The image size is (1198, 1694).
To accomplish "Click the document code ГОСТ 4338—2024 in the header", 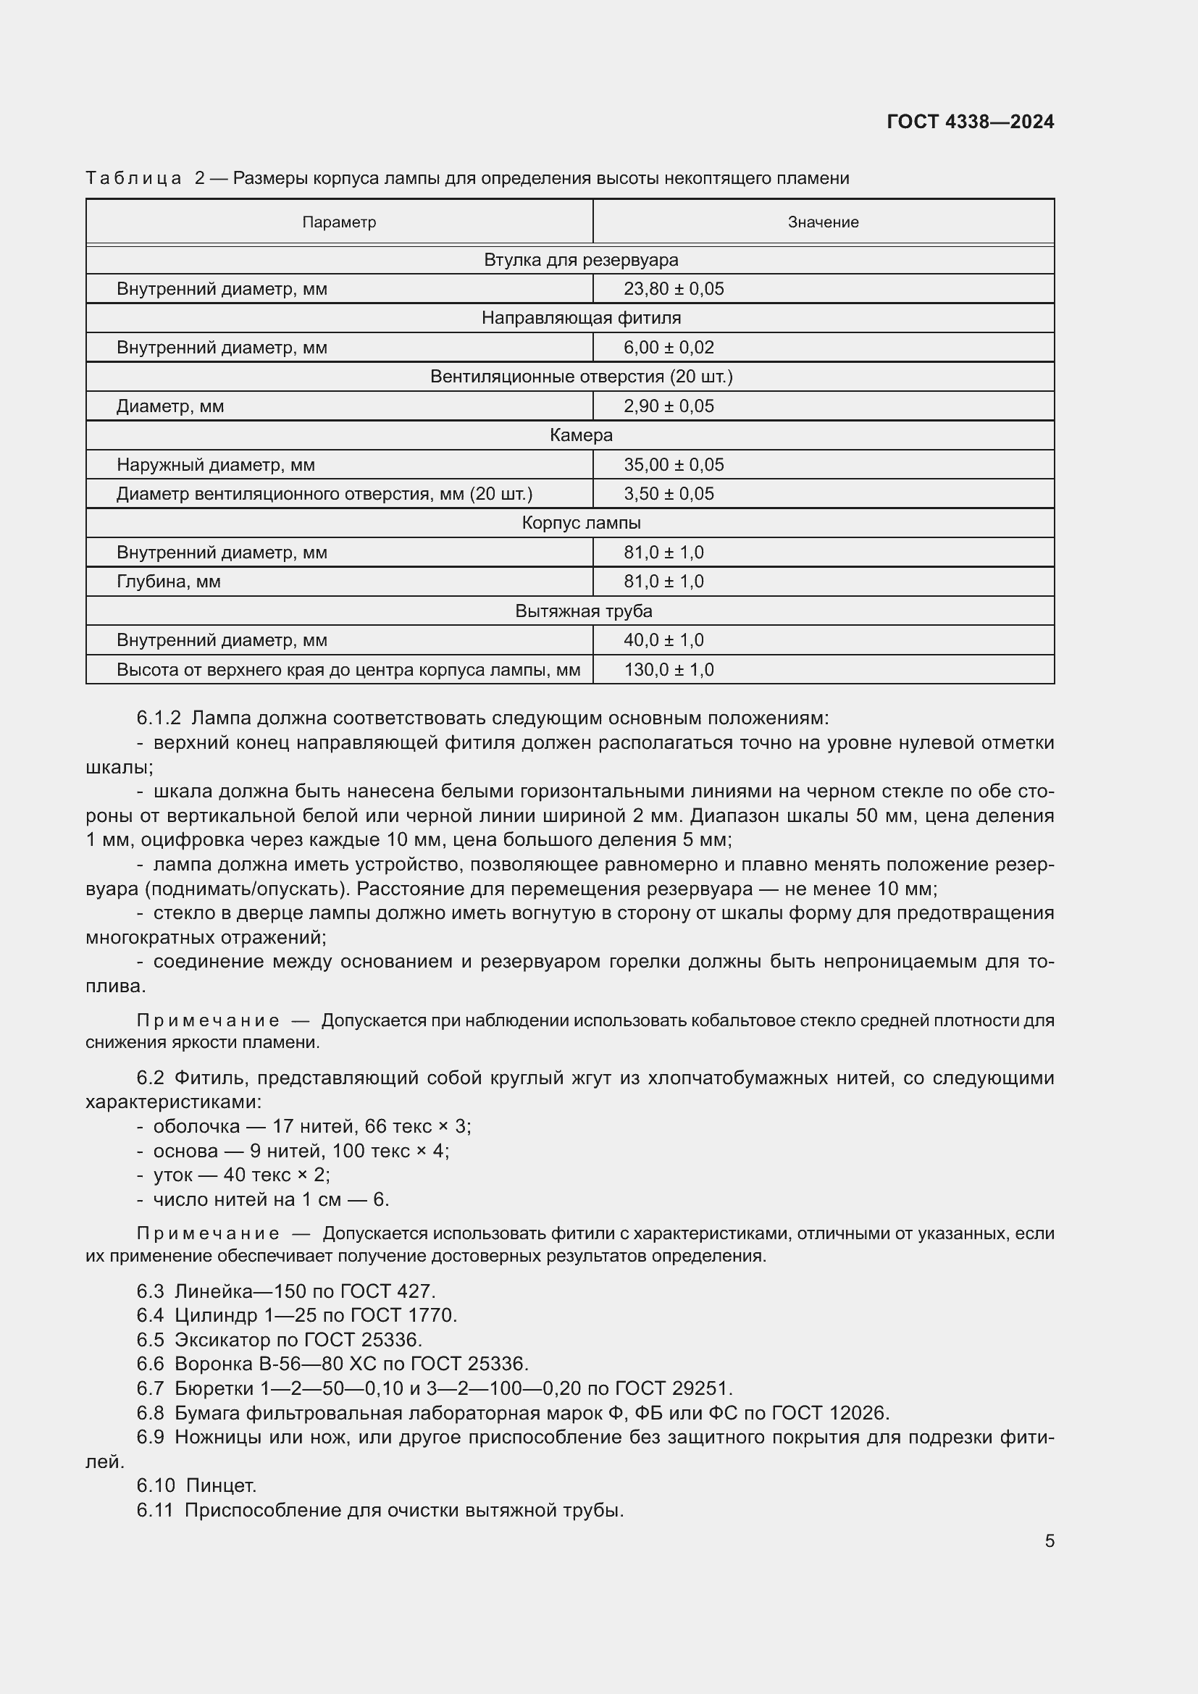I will point(970,122).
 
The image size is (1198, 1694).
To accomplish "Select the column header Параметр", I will point(338,222).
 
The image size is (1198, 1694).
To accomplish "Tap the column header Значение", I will point(823,222).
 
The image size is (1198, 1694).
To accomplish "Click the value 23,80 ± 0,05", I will point(674,289).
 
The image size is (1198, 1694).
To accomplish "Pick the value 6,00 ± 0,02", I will point(669,348).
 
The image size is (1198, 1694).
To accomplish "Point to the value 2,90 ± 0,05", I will point(669,406).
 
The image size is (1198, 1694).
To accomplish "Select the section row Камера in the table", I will point(581,435).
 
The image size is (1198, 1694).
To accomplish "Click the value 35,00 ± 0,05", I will point(674,465).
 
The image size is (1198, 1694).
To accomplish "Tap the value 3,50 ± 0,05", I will point(669,494).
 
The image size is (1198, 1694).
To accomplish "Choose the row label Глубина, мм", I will point(168,582).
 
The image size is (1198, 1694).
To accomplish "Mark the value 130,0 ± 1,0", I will point(669,670).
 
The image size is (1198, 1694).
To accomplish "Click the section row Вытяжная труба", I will point(583,611).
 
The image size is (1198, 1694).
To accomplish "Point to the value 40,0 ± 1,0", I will point(663,640).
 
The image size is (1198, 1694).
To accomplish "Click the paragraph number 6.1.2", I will point(158,718).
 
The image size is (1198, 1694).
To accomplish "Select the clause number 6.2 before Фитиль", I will point(150,1078).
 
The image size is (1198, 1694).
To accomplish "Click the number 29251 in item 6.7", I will point(700,1388).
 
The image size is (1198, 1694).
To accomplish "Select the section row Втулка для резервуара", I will point(581,260).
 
